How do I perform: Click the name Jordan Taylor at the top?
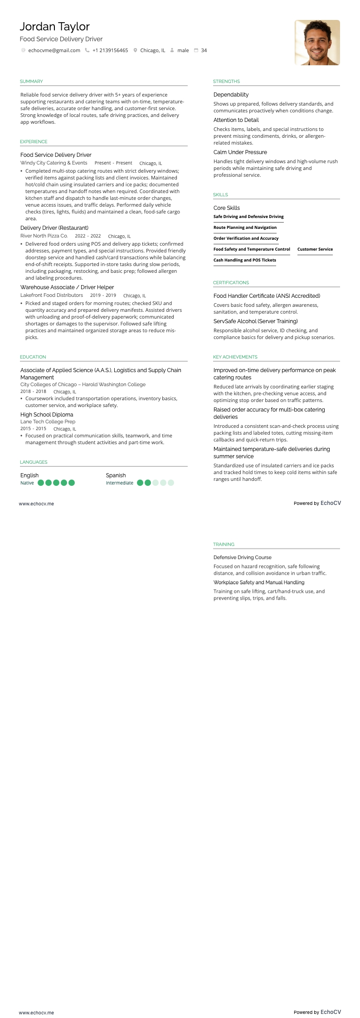[x=54, y=27]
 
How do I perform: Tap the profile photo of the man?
[x=317, y=43]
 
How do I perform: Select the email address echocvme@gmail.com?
[x=54, y=50]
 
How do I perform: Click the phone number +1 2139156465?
[x=110, y=50]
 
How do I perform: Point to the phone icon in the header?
[x=87, y=50]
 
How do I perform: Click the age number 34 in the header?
[x=204, y=50]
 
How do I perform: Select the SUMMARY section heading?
[x=31, y=82]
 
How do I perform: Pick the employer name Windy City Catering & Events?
[x=54, y=163]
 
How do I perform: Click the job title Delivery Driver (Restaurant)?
[x=54, y=228]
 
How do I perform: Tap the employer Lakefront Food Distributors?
[x=52, y=295]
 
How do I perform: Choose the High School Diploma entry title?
[x=47, y=415]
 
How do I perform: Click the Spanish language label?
[x=116, y=475]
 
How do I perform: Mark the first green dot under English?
[x=41, y=483]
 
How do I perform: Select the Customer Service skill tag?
[x=315, y=249]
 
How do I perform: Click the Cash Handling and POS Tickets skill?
[x=245, y=260]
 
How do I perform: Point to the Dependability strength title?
[x=231, y=95]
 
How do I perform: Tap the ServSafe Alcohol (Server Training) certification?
[x=256, y=321]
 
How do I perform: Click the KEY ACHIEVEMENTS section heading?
[x=235, y=357]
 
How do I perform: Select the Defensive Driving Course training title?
[x=243, y=557]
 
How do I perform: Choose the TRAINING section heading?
[x=224, y=544]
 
